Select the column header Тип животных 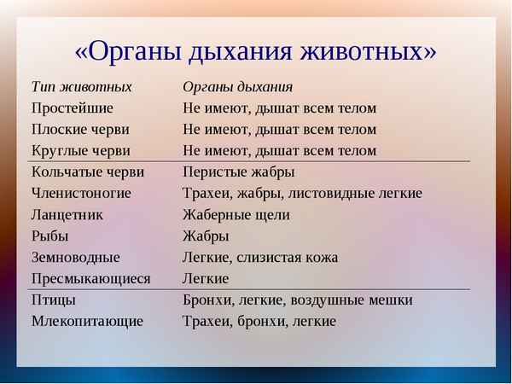(82, 87)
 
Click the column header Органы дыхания (238, 87)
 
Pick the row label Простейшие (72, 108)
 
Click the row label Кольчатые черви (88, 172)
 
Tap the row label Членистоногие (81, 194)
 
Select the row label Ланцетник (67, 215)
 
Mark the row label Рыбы (50, 236)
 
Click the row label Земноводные (76, 258)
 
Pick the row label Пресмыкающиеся (90, 279)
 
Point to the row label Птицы (54, 300)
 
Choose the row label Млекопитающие (87, 322)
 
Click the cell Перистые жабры (239, 172)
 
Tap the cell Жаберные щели (236, 215)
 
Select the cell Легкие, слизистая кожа (260, 258)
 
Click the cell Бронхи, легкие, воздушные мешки (298, 300)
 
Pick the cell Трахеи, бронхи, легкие (259, 322)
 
